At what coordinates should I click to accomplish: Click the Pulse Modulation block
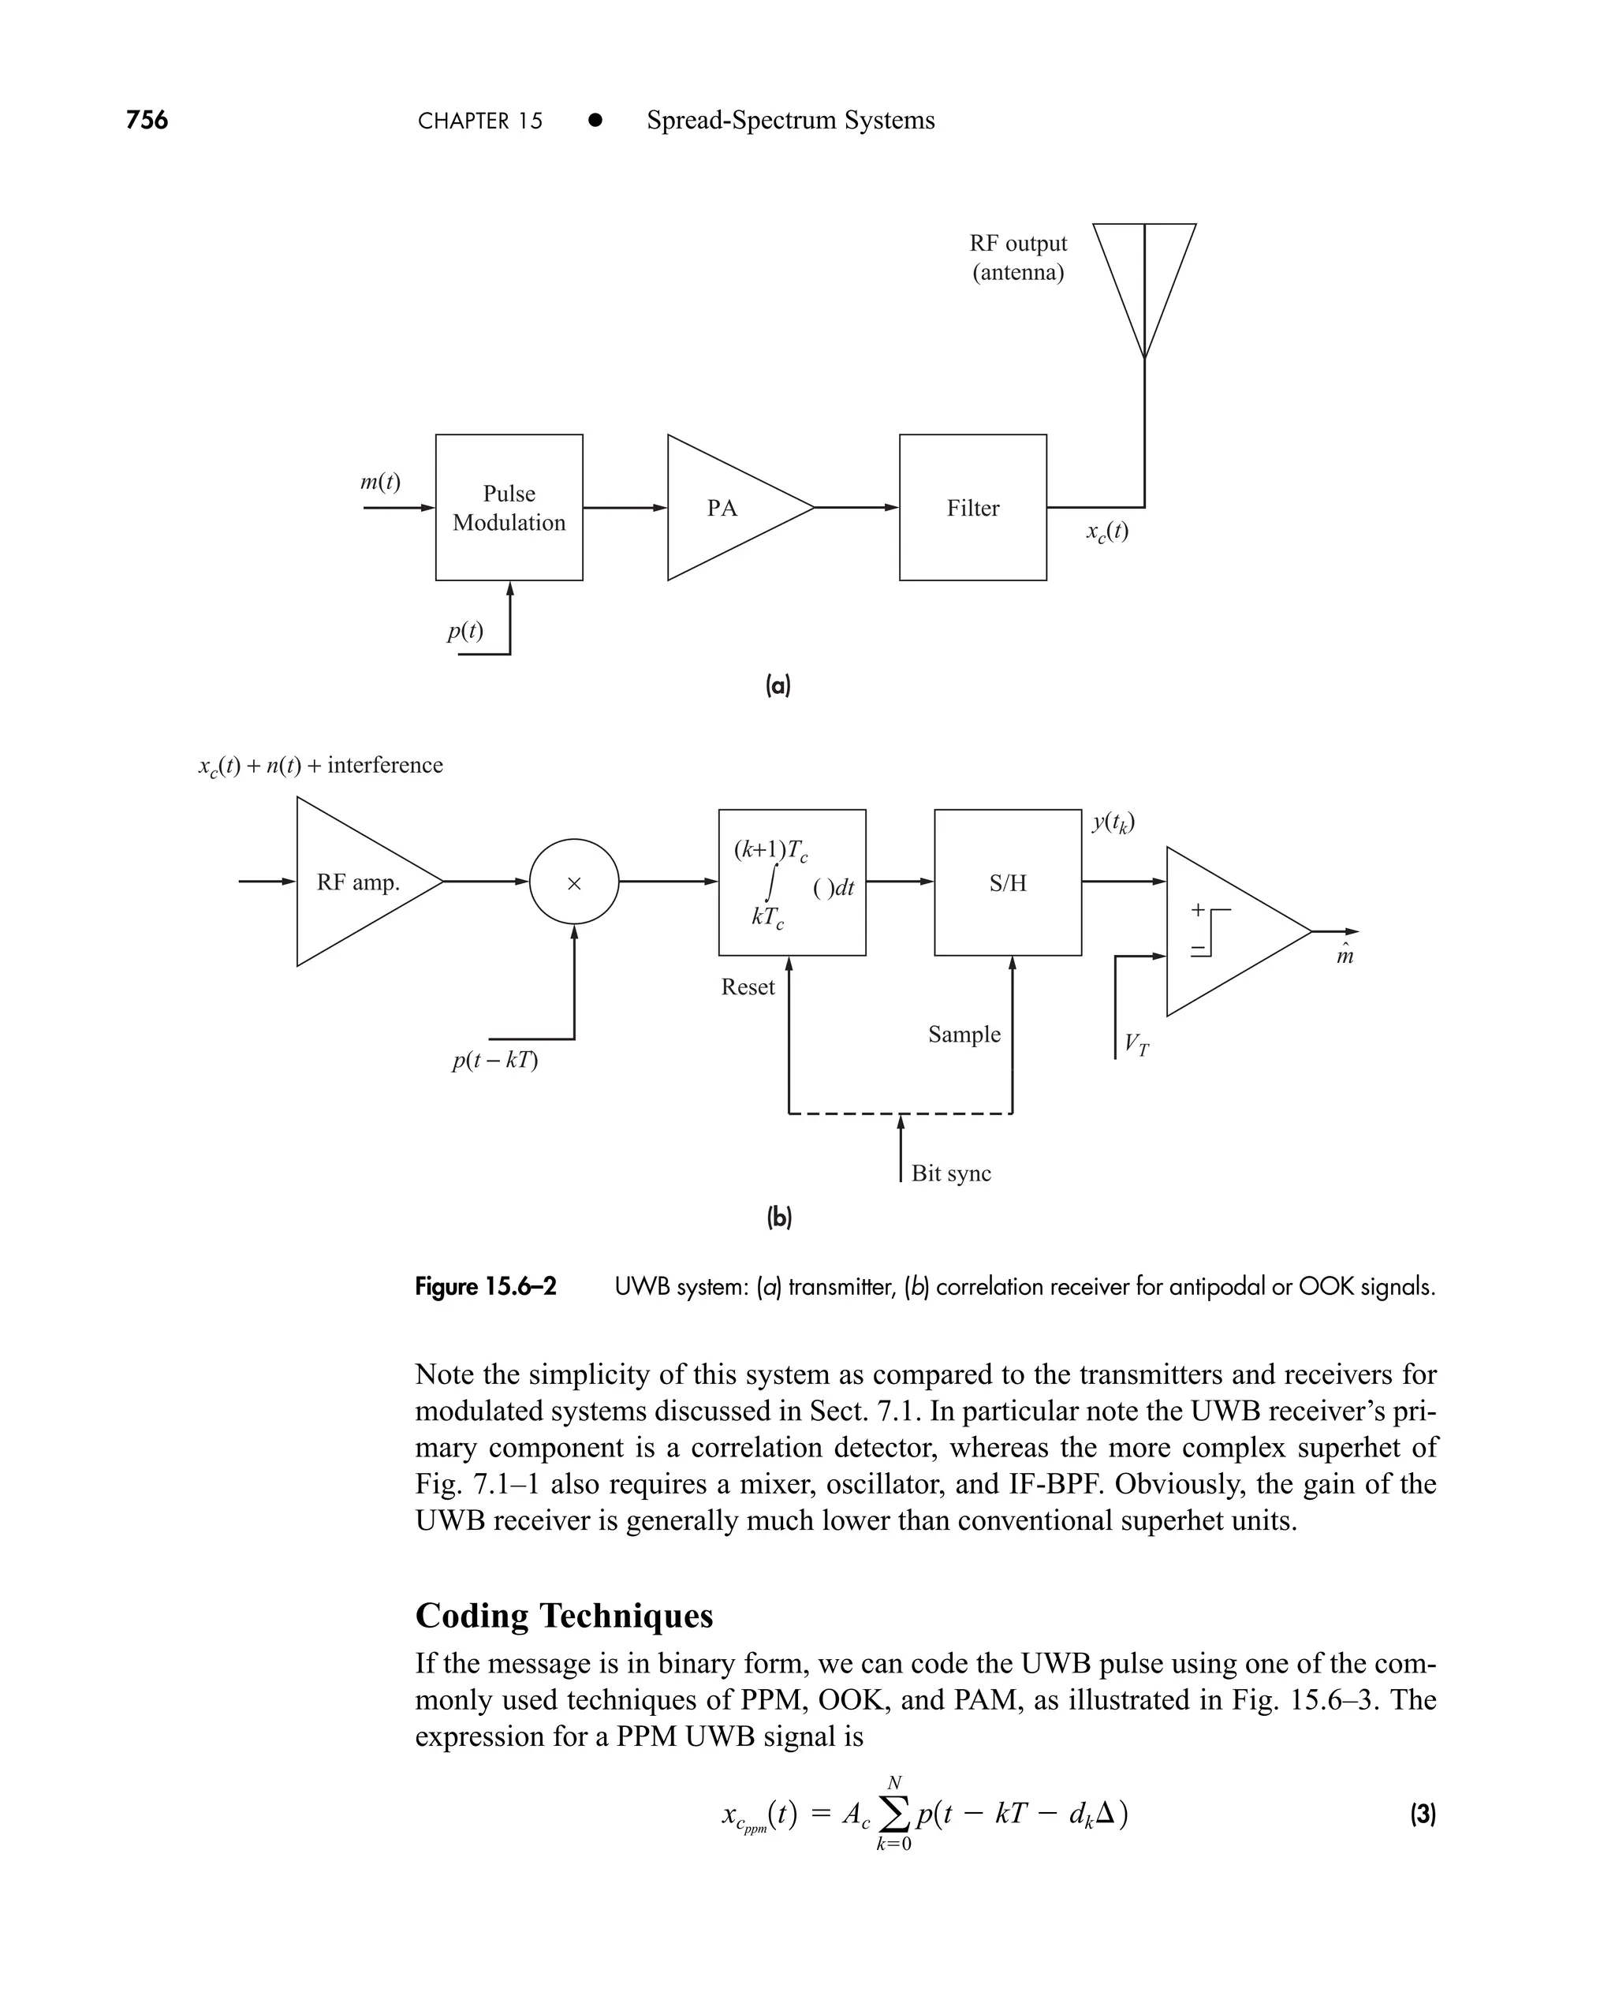(x=509, y=508)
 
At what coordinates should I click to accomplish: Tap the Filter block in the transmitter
(x=972, y=508)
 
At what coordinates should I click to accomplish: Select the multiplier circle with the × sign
(x=574, y=882)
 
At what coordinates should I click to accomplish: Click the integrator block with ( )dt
(x=792, y=882)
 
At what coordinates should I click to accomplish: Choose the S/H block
(x=1008, y=882)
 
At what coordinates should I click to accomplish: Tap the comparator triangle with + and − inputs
(x=1228, y=931)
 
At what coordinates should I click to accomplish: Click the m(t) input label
(x=381, y=482)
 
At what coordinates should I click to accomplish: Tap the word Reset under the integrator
(x=747, y=987)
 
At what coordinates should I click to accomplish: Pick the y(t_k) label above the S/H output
(x=1113, y=822)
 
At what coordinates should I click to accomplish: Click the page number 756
(x=147, y=120)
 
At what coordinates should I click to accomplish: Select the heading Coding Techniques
(x=564, y=1615)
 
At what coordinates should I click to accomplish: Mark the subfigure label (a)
(x=778, y=687)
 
